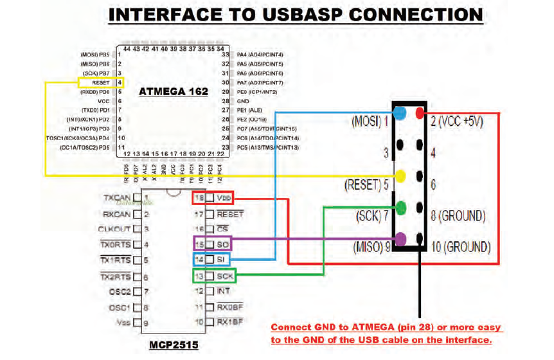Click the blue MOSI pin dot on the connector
click(x=400, y=113)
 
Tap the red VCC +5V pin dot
click(x=420, y=113)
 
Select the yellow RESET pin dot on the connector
click(x=400, y=175)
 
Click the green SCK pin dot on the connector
click(x=400, y=207)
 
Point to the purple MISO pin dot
click(x=400, y=239)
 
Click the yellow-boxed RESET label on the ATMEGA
click(x=100, y=83)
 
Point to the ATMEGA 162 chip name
click(x=174, y=92)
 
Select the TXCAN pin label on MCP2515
click(x=117, y=197)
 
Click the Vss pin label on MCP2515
click(x=125, y=323)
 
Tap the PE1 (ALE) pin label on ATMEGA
click(x=251, y=111)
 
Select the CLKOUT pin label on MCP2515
click(x=116, y=228)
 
